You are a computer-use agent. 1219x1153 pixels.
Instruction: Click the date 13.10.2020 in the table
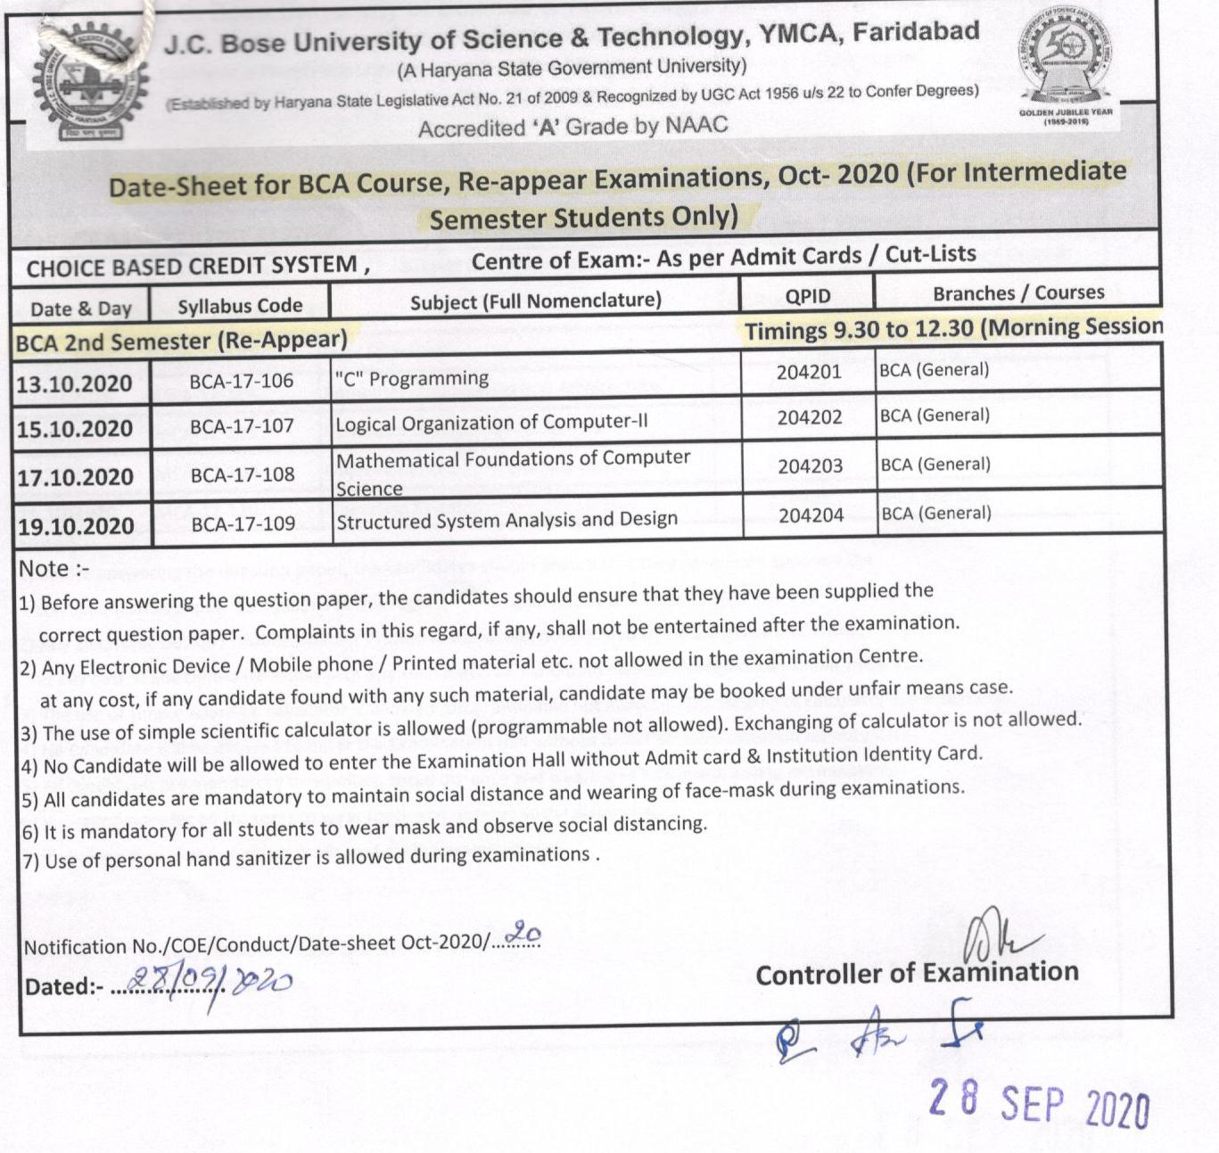click(74, 384)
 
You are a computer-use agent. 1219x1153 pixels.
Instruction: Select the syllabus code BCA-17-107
click(242, 426)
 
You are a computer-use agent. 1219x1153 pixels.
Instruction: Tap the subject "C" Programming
click(412, 378)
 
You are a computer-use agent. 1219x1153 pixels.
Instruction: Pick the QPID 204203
click(810, 465)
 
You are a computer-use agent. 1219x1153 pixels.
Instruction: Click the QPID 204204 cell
click(811, 515)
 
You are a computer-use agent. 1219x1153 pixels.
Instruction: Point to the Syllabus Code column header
click(240, 306)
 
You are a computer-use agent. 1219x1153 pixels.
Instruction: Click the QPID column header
click(807, 296)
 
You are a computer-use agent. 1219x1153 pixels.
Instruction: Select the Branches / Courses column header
click(1018, 292)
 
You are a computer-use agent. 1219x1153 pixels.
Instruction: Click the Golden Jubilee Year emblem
click(1067, 71)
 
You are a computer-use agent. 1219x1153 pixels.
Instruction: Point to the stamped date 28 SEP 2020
click(1038, 1105)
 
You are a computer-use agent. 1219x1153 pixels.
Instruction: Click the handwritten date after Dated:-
click(210, 983)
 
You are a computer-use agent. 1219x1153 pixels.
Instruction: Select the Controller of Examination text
click(917, 973)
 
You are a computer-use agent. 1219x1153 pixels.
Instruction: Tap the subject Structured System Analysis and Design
click(507, 520)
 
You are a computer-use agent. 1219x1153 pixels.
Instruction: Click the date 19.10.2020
click(75, 526)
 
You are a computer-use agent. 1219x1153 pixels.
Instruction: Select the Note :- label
click(54, 569)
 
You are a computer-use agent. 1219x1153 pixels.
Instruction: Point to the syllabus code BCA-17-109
click(243, 523)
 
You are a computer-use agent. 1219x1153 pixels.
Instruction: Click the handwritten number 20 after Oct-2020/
click(523, 934)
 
